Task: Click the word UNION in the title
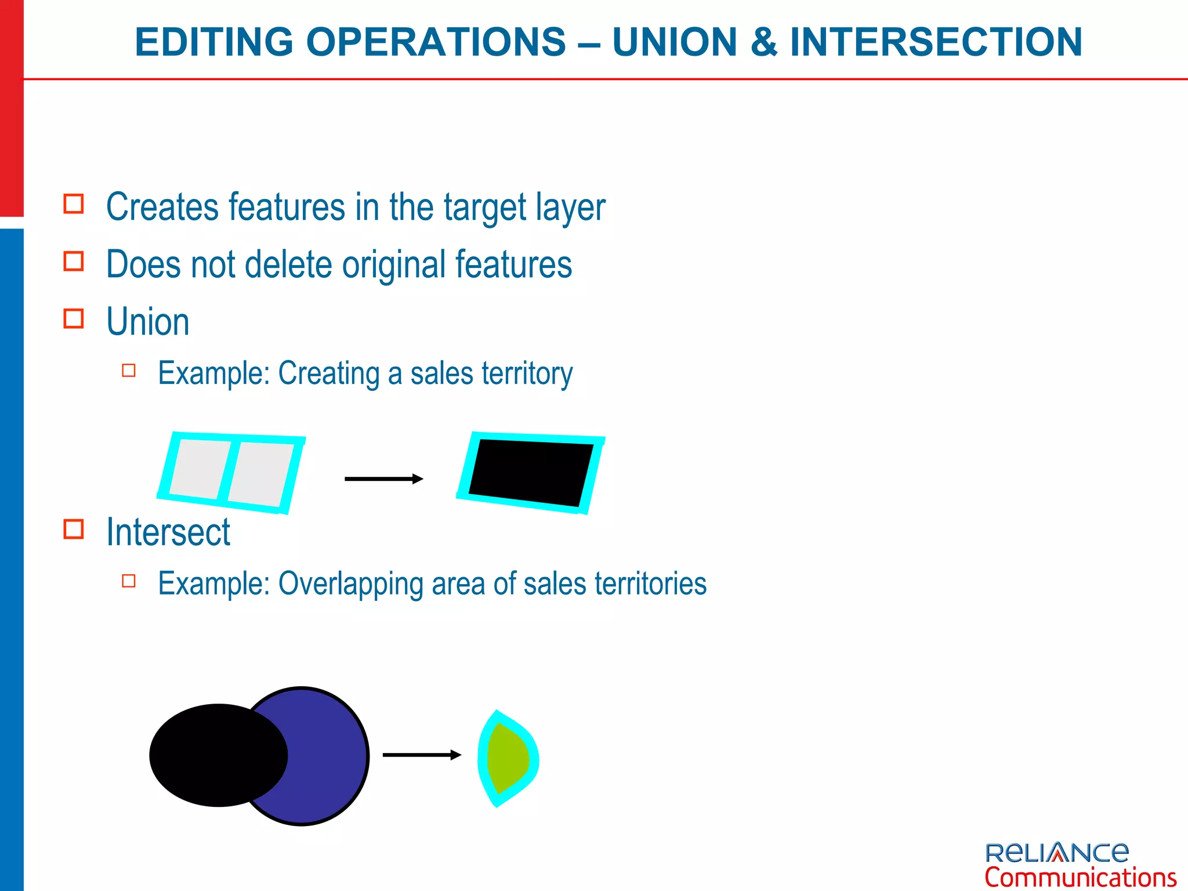[x=674, y=42]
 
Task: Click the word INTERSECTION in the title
[x=936, y=42]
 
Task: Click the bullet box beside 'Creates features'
[x=74, y=204]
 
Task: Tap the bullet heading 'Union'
[x=147, y=322]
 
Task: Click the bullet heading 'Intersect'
[x=168, y=532]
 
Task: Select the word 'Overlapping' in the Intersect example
[x=350, y=584]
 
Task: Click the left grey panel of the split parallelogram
[x=197, y=469]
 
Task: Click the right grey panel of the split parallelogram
[x=260, y=473]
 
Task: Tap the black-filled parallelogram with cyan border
[x=531, y=472]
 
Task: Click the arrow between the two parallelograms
[x=383, y=479]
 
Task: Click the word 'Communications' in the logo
[x=1080, y=877]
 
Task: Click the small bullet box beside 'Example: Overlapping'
[x=129, y=581]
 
